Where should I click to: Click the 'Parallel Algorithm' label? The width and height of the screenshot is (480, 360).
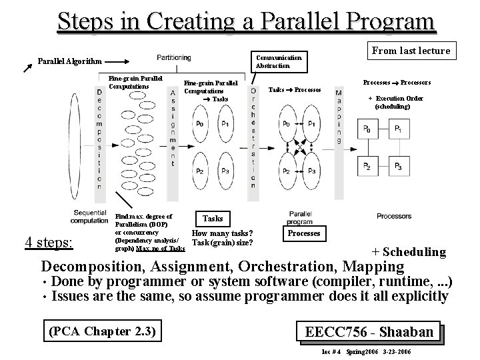(x=69, y=61)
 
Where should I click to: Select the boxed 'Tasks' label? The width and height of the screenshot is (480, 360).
(x=212, y=219)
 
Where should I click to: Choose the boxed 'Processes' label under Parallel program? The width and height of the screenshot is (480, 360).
(x=304, y=233)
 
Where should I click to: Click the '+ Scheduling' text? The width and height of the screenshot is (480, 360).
(x=408, y=251)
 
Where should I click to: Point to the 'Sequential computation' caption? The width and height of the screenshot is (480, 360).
(x=89, y=217)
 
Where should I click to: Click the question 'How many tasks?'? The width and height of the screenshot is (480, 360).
(x=222, y=233)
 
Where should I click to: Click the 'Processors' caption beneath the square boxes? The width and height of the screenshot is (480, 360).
(x=394, y=216)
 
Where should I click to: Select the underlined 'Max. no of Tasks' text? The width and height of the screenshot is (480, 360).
(x=160, y=249)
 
